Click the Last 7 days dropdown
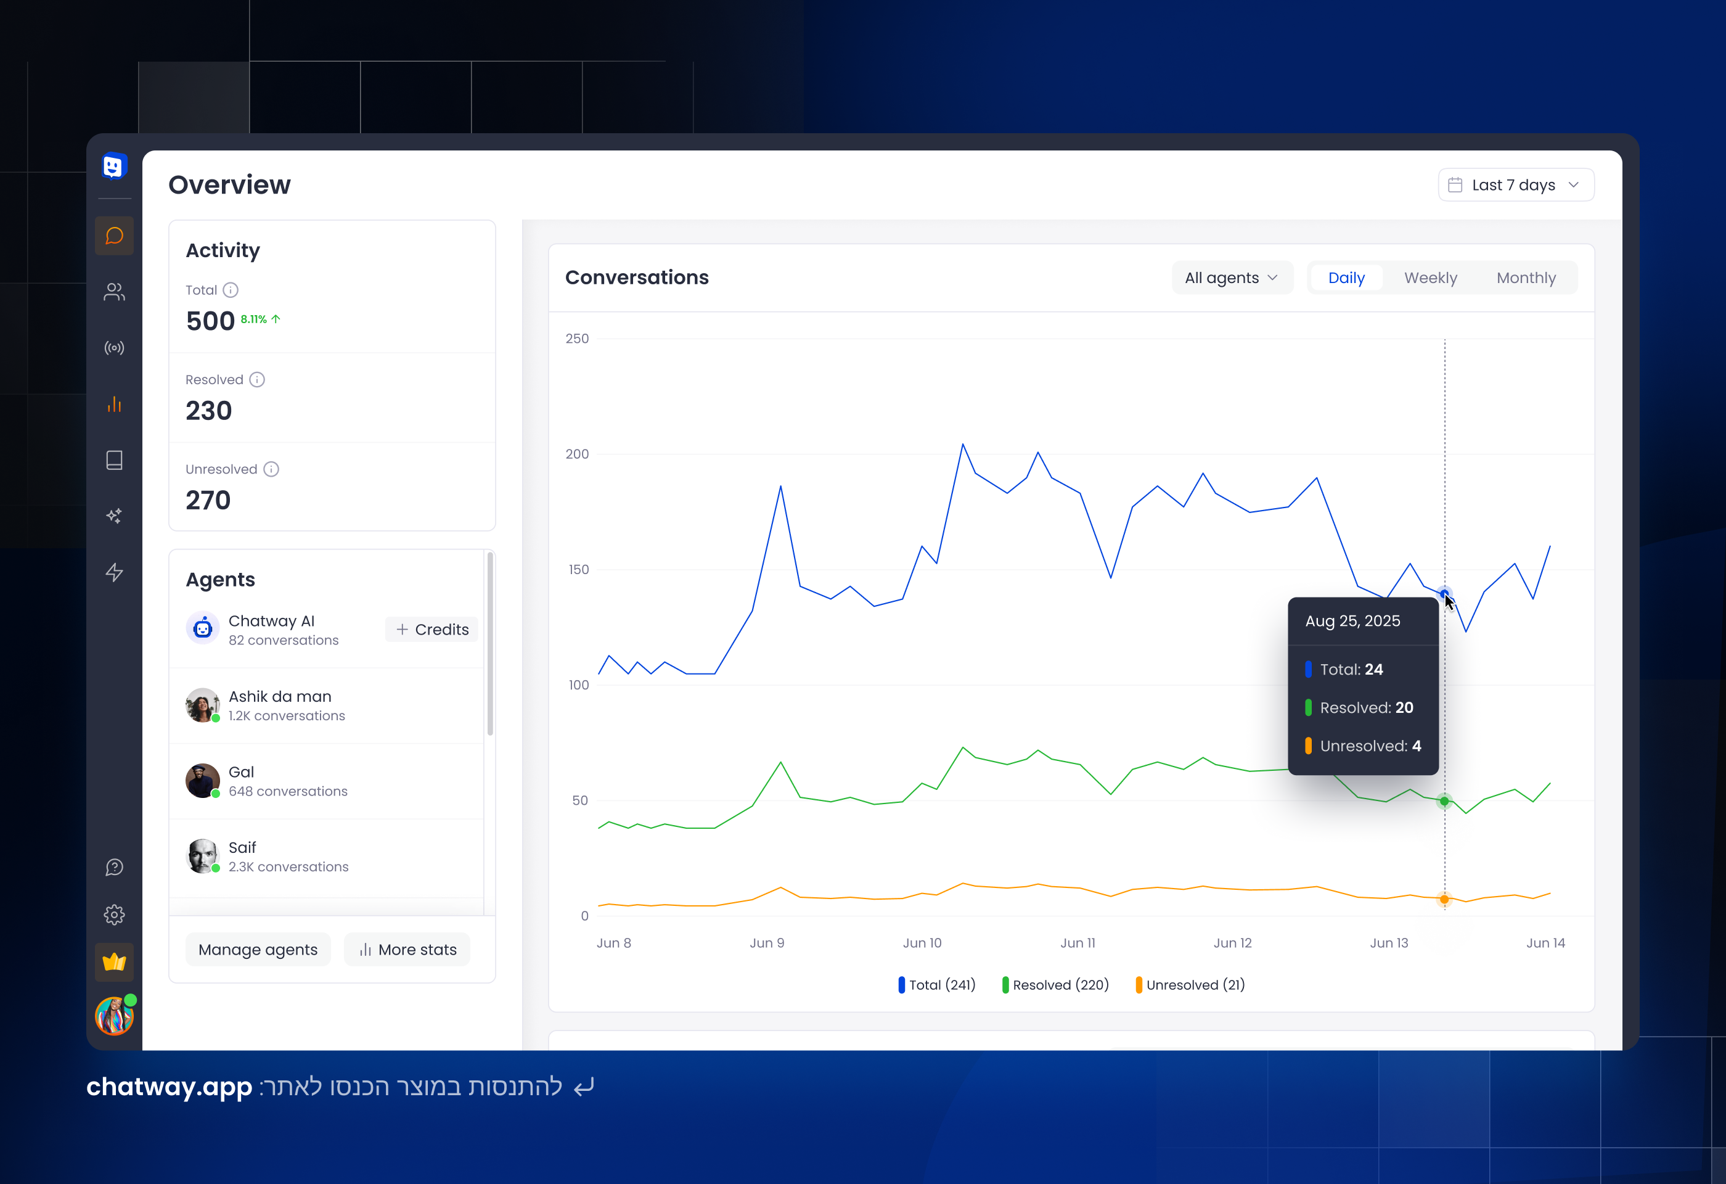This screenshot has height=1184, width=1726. pos(1515,185)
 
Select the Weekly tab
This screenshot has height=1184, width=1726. pos(1429,277)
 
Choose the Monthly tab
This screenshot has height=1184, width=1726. pos(1526,277)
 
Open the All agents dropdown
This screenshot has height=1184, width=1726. pos(1230,277)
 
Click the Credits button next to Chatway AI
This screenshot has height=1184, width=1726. pos(432,629)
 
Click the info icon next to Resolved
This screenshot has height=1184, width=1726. pos(257,380)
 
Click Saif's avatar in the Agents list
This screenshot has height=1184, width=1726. pos(202,856)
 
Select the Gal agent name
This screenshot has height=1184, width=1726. pos(242,771)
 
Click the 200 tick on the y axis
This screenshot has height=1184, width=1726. pos(577,454)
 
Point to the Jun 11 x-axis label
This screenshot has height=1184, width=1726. pos(1077,943)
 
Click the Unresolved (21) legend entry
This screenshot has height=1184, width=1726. pos(1190,985)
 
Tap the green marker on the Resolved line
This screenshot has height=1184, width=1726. pos(1444,800)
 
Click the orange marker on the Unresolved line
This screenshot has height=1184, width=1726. pos(1444,900)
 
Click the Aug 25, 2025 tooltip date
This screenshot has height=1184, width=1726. pos(1352,621)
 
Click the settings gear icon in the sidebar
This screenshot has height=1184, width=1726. pos(115,915)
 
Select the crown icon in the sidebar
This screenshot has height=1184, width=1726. pos(115,962)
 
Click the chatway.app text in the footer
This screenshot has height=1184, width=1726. pos(170,1087)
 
